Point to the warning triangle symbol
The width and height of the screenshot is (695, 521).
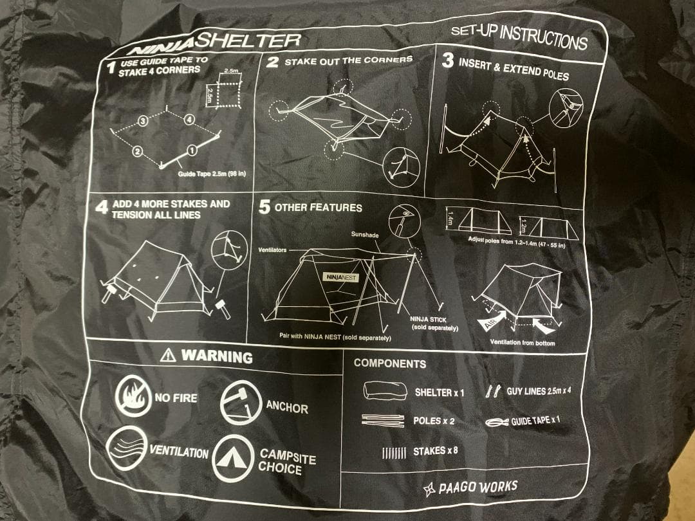pos(169,354)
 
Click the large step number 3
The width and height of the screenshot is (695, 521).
pos(447,61)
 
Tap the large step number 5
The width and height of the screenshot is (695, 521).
pos(264,207)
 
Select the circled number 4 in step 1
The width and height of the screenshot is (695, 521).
pos(189,120)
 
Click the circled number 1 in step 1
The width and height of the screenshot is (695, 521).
pos(192,150)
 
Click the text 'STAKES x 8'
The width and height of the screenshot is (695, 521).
pos(436,451)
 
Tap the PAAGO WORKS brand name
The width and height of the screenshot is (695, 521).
pos(477,487)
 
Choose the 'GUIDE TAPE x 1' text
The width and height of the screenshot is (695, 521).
pos(535,421)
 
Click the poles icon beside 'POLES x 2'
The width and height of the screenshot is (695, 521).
pos(382,421)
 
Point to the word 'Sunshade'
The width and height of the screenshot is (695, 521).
pos(365,235)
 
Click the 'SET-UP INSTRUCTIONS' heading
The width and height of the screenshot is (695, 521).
pos(519,37)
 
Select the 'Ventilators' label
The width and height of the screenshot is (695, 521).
pos(273,250)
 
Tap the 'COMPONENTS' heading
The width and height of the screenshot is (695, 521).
pos(389,363)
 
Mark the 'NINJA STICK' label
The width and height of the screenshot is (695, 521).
pos(428,319)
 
